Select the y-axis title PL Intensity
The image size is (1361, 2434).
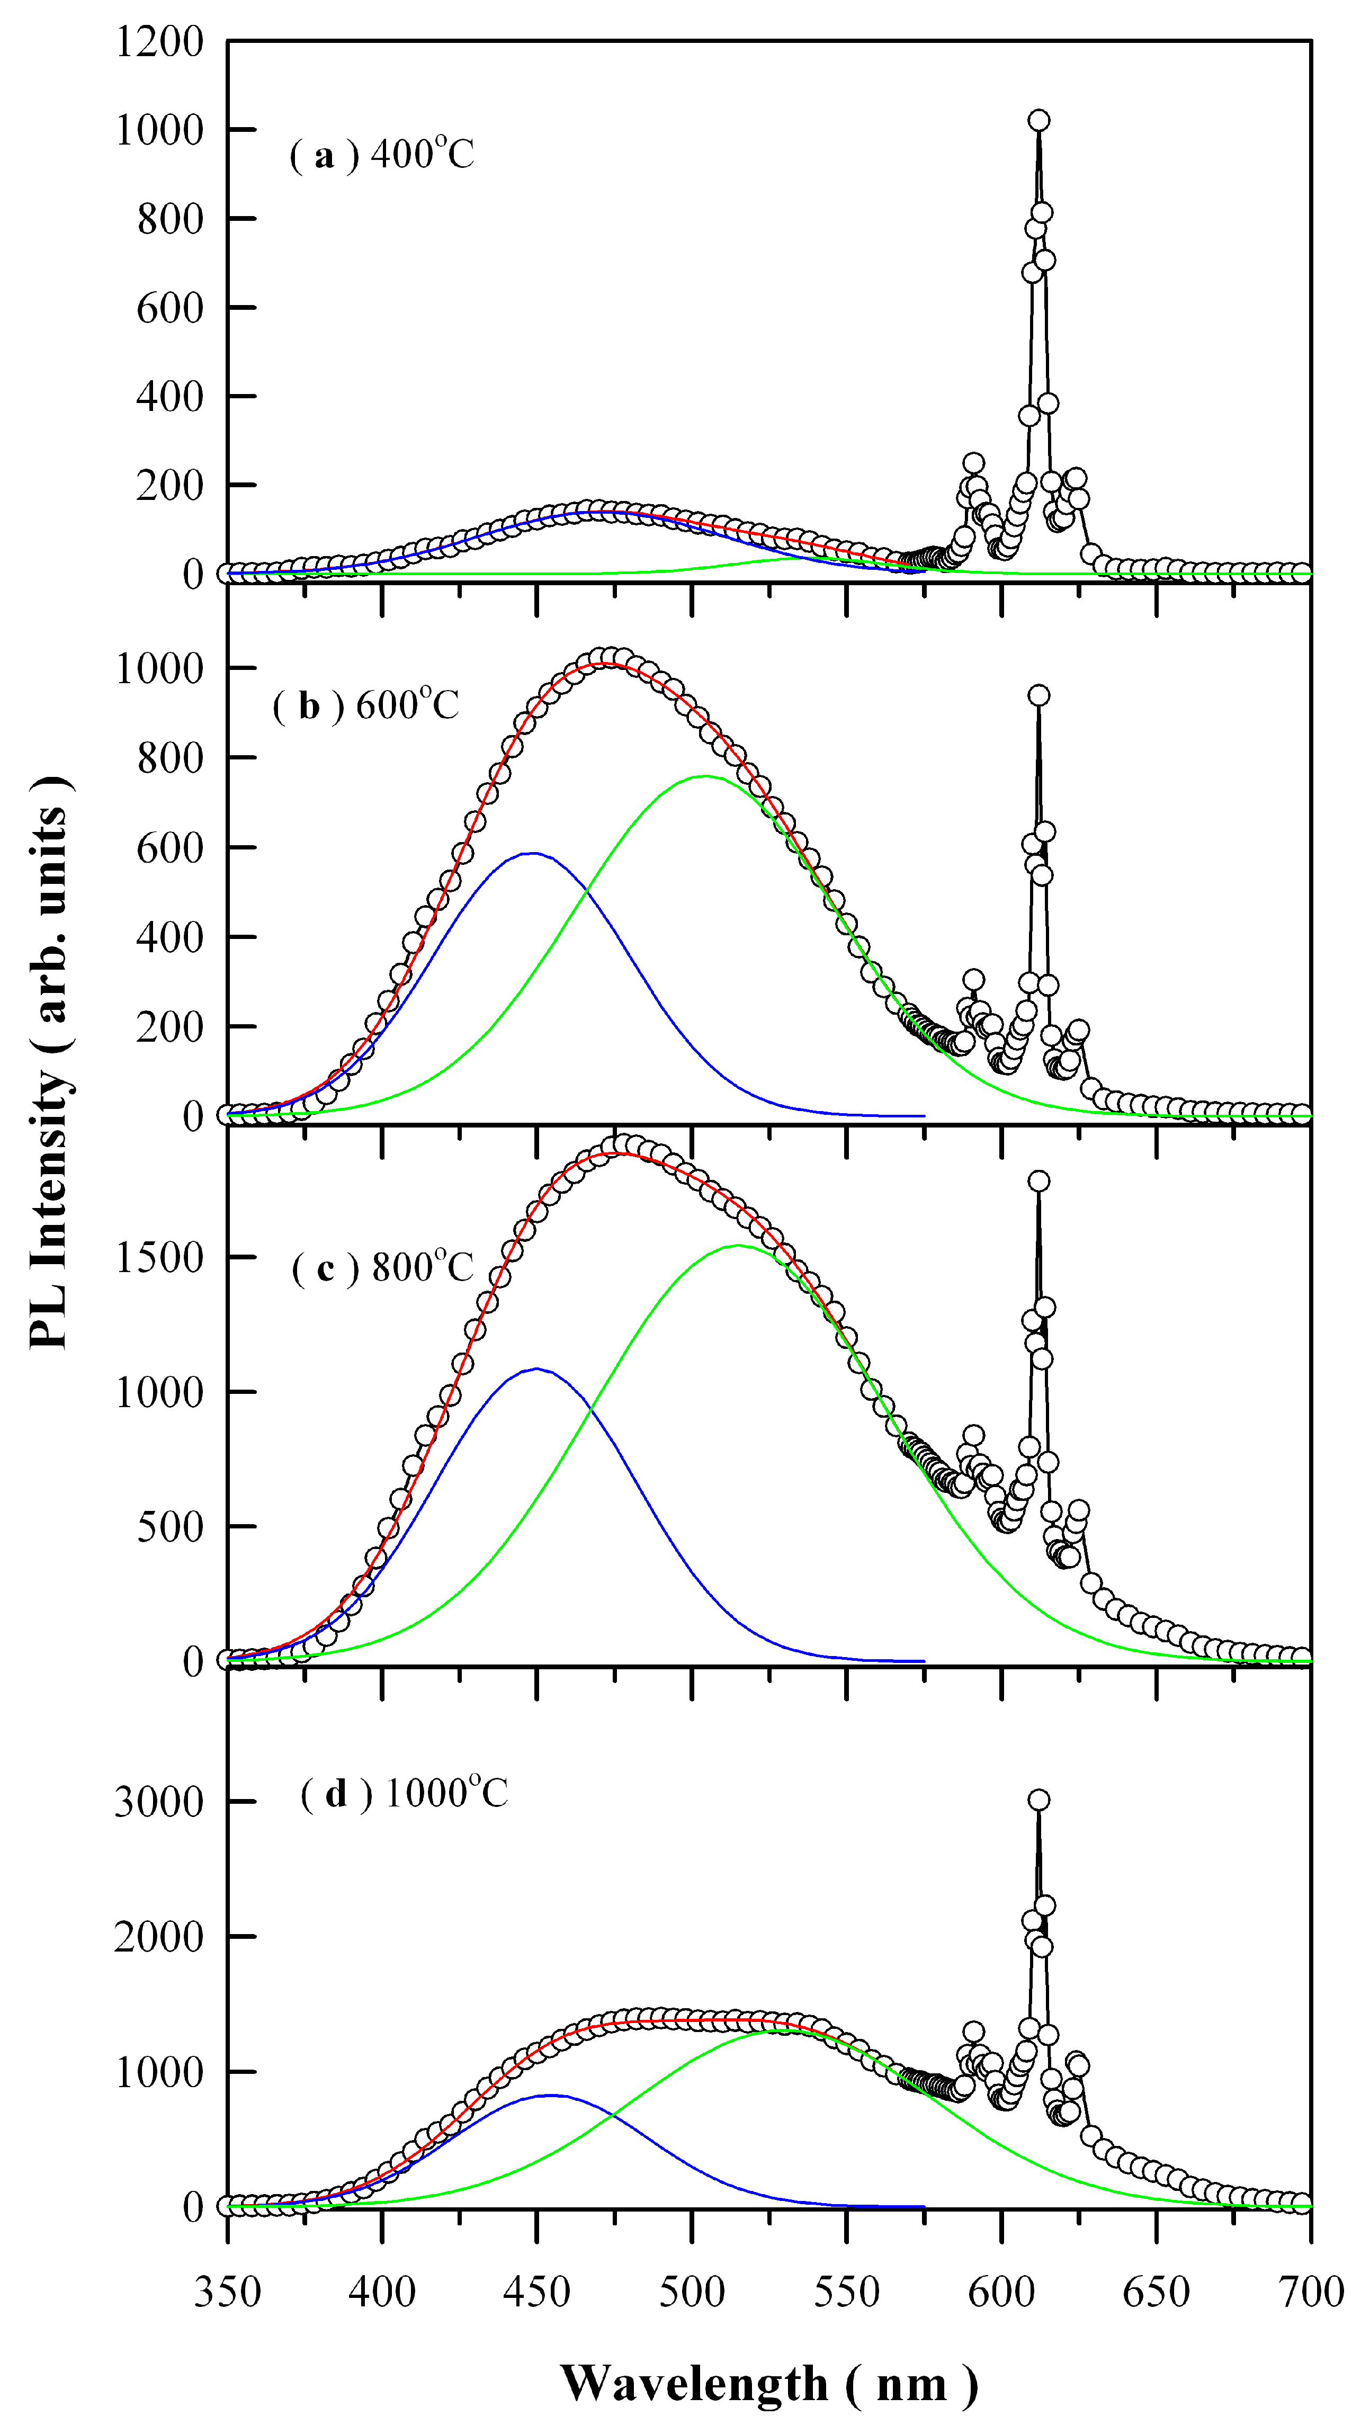[x=49, y=1063]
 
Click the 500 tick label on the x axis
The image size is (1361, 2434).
[x=692, y=2292]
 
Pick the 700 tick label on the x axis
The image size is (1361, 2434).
[x=1311, y=2292]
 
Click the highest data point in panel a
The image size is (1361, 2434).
[x=1038, y=120]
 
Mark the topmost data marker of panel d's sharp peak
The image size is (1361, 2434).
[x=1038, y=1800]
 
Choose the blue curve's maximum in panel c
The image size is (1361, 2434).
[x=537, y=1368]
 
